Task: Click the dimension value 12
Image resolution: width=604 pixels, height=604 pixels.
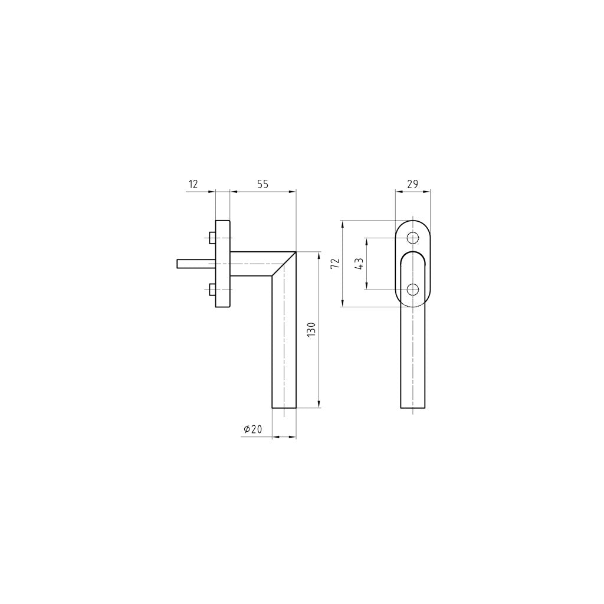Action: click(193, 185)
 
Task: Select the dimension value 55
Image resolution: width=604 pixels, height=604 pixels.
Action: click(262, 185)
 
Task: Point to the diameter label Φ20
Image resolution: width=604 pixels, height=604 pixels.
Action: click(252, 429)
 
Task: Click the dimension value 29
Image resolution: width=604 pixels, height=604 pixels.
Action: click(412, 185)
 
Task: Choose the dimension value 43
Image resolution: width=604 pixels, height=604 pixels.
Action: click(359, 264)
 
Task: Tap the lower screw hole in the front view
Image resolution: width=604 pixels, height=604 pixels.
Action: click(413, 289)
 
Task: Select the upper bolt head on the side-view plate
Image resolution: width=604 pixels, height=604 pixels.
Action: click(212, 238)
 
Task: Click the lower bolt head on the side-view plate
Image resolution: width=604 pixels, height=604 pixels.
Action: click(212, 289)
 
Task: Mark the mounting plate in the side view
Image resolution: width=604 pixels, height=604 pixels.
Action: click(223, 264)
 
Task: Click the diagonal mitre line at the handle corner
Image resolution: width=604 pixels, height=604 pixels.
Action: click(284, 264)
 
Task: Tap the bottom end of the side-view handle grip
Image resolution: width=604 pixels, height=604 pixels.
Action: click(284, 407)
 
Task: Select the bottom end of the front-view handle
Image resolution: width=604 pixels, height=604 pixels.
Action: click(413, 408)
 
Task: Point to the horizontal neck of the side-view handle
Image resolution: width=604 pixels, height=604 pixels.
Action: click(251, 264)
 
